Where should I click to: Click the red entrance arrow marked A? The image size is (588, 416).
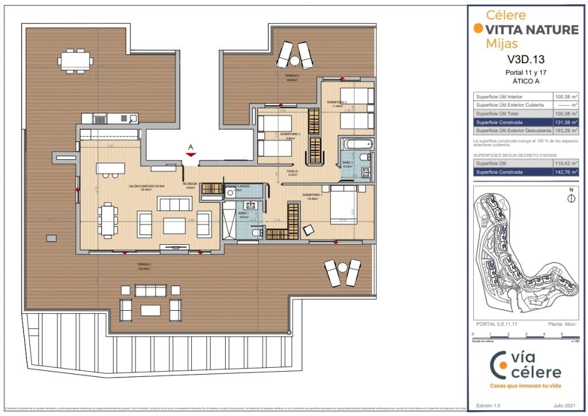(x=191, y=153)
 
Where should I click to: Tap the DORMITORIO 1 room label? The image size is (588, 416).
(x=312, y=195)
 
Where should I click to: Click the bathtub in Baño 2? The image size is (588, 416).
(x=357, y=144)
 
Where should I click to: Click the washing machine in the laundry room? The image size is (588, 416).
(x=230, y=194)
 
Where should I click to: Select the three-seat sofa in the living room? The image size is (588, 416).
(x=174, y=204)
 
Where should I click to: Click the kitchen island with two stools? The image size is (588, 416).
(x=110, y=169)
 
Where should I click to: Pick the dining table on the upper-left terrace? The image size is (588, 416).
(x=76, y=60)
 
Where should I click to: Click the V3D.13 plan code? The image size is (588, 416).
(x=525, y=59)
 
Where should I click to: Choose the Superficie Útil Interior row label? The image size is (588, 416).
(x=498, y=97)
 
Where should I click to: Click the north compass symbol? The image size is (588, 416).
(x=571, y=199)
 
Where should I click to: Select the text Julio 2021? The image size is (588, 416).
(x=565, y=406)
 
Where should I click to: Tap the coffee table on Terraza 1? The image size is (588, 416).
(x=150, y=310)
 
